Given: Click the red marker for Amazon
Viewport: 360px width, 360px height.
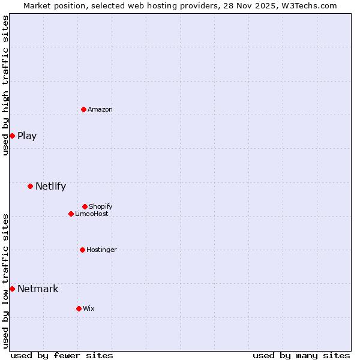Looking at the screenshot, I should tap(83, 109).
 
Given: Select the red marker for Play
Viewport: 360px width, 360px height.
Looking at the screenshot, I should tap(12, 136).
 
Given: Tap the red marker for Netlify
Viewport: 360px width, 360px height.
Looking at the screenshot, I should tap(30, 186).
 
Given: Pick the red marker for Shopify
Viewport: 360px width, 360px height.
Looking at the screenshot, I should tap(85, 206).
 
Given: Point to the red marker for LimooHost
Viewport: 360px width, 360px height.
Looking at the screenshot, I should tap(71, 214).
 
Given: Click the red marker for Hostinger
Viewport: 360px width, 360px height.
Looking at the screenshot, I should tap(82, 250).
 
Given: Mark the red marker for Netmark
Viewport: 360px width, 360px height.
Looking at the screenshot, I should tap(12, 289).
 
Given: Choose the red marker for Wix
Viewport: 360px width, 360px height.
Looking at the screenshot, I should tap(79, 308).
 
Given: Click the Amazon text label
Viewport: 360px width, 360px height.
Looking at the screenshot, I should tap(100, 109).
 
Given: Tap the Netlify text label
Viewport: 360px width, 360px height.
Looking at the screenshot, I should tap(50, 186).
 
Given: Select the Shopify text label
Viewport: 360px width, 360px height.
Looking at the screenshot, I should tap(100, 206).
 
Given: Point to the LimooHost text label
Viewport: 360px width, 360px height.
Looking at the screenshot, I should tap(92, 214).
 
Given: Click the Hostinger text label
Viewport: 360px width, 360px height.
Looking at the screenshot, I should tap(101, 250).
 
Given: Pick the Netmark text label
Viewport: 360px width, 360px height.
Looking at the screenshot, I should tap(38, 289).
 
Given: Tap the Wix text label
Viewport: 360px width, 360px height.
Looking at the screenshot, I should tap(89, 308).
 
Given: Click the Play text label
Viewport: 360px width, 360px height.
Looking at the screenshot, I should tap(27, 136).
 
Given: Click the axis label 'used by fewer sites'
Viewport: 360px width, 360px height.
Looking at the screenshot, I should tap(62, 355).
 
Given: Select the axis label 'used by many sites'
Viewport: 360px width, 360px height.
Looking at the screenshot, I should tap(301, 355).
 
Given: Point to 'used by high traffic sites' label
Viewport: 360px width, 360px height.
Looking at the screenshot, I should tap(5, 85).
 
